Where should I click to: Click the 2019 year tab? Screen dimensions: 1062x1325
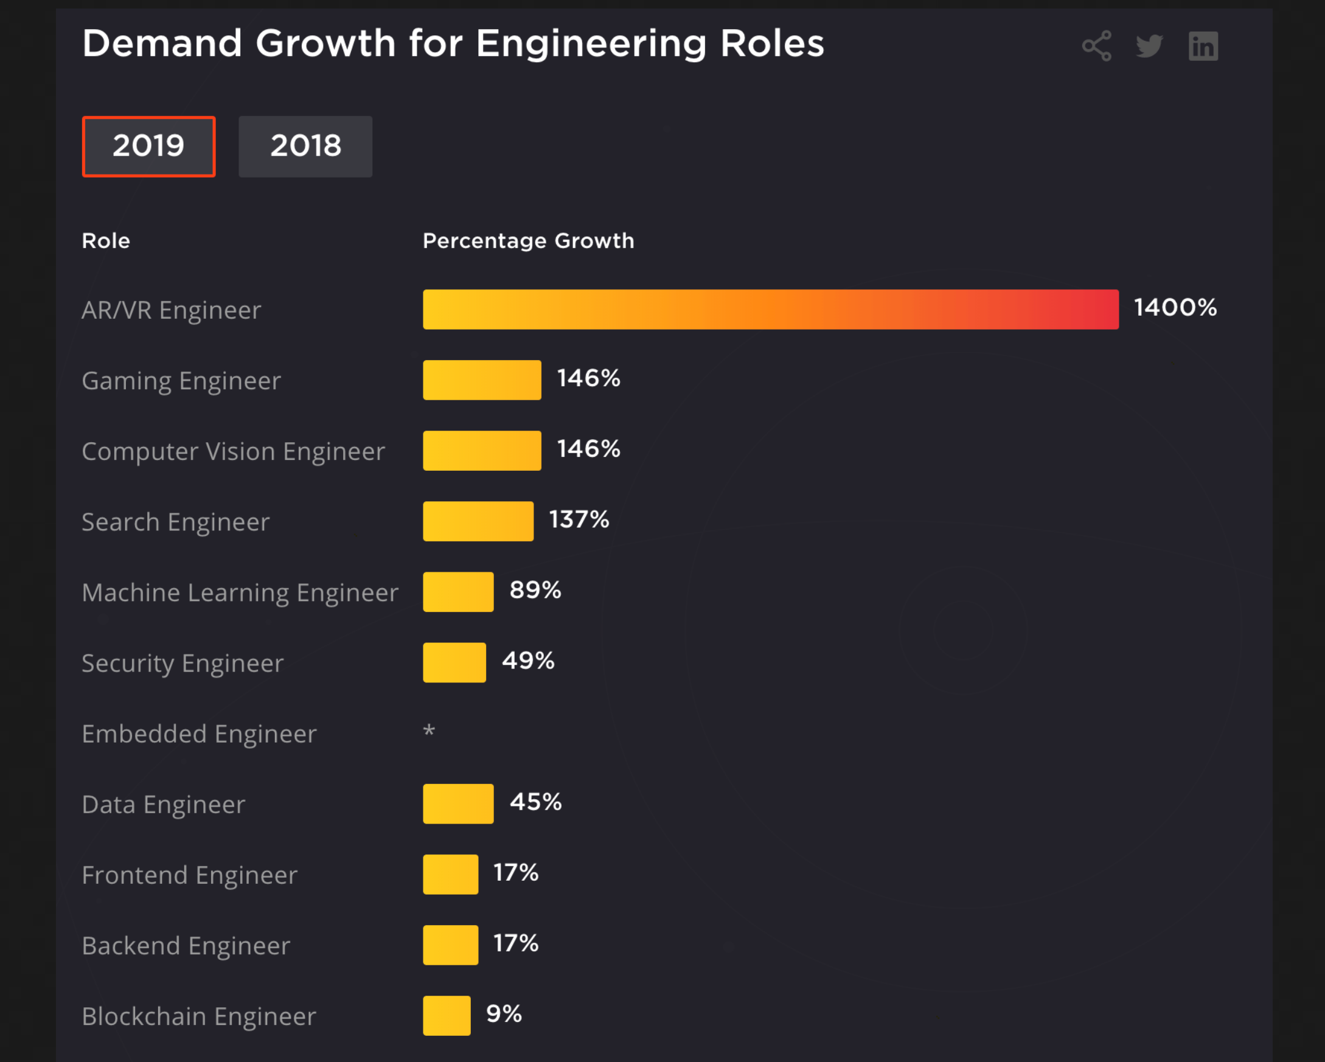tap(148, 146)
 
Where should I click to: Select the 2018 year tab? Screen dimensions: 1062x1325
tap(305, 146)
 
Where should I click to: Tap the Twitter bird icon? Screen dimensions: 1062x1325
tap(1149, 46)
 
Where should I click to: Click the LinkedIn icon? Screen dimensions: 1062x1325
tap(1203, 46)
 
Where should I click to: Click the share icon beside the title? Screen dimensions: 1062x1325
tap(1097, 46)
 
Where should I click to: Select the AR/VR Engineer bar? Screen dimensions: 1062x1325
tap(771, 309)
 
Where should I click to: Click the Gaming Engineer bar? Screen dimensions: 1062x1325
tap(482, 380)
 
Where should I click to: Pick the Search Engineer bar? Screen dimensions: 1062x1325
tap(478, 521)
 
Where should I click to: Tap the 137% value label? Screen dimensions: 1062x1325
tap(579, 519)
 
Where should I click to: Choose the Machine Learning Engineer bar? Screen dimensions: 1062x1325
tap(458, 592)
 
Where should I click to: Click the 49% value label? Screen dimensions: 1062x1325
tap(528, 661)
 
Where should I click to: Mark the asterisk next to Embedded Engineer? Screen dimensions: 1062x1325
tap(429, 731)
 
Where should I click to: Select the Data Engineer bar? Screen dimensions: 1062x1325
tap(458, 804)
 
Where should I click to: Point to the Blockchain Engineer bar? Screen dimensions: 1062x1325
tap(447, 1015)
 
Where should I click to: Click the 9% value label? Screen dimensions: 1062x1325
tap(504, 1013)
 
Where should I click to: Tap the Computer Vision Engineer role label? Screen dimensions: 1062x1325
tap(234, 451)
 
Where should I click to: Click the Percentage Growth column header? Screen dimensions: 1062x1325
tap(529, 240)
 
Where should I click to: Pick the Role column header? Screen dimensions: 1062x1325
tap(106, 240)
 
